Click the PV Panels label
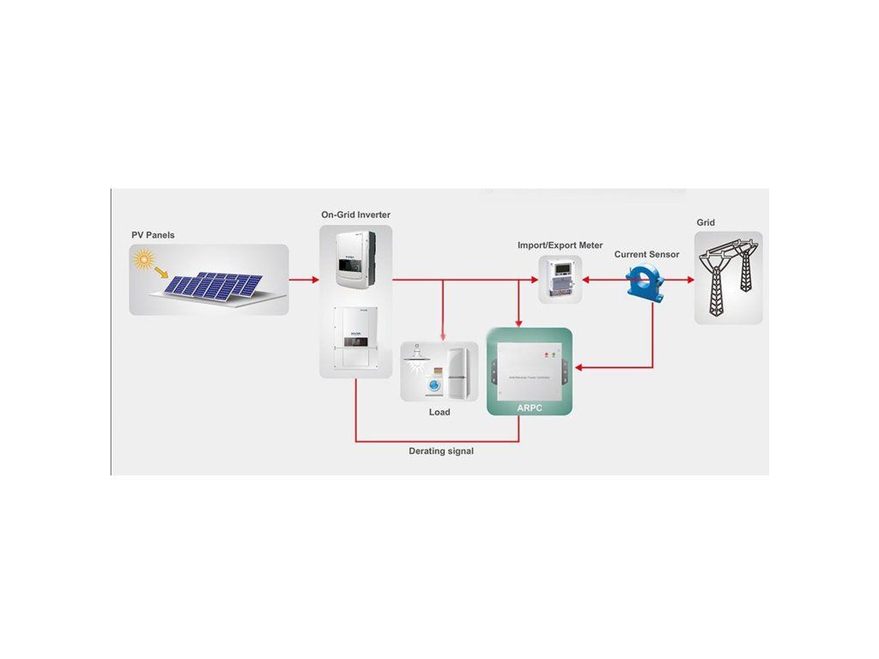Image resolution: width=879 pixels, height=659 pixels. (x=153, y=234)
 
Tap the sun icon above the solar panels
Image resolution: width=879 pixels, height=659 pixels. (x=143, y=258)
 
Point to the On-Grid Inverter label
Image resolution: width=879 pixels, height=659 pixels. (x=355, y=214)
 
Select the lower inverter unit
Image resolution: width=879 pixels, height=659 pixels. (x=355, y=337)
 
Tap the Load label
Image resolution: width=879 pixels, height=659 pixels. (x=439, y=412)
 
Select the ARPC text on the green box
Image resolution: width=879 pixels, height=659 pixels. (x=530, y=407)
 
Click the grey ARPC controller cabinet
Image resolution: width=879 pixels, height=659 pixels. (x=529, y=366)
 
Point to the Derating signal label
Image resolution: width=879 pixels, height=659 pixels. (x=440, y=450)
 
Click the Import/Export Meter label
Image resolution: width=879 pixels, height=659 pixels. (x=560, y=245)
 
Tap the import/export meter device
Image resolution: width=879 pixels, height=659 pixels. (x=560, y=279)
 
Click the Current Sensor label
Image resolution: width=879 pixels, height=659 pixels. (x=646, y=255)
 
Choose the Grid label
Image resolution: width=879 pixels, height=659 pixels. (x=706, y=223)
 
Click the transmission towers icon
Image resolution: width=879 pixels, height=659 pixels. (x=728, y=279)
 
